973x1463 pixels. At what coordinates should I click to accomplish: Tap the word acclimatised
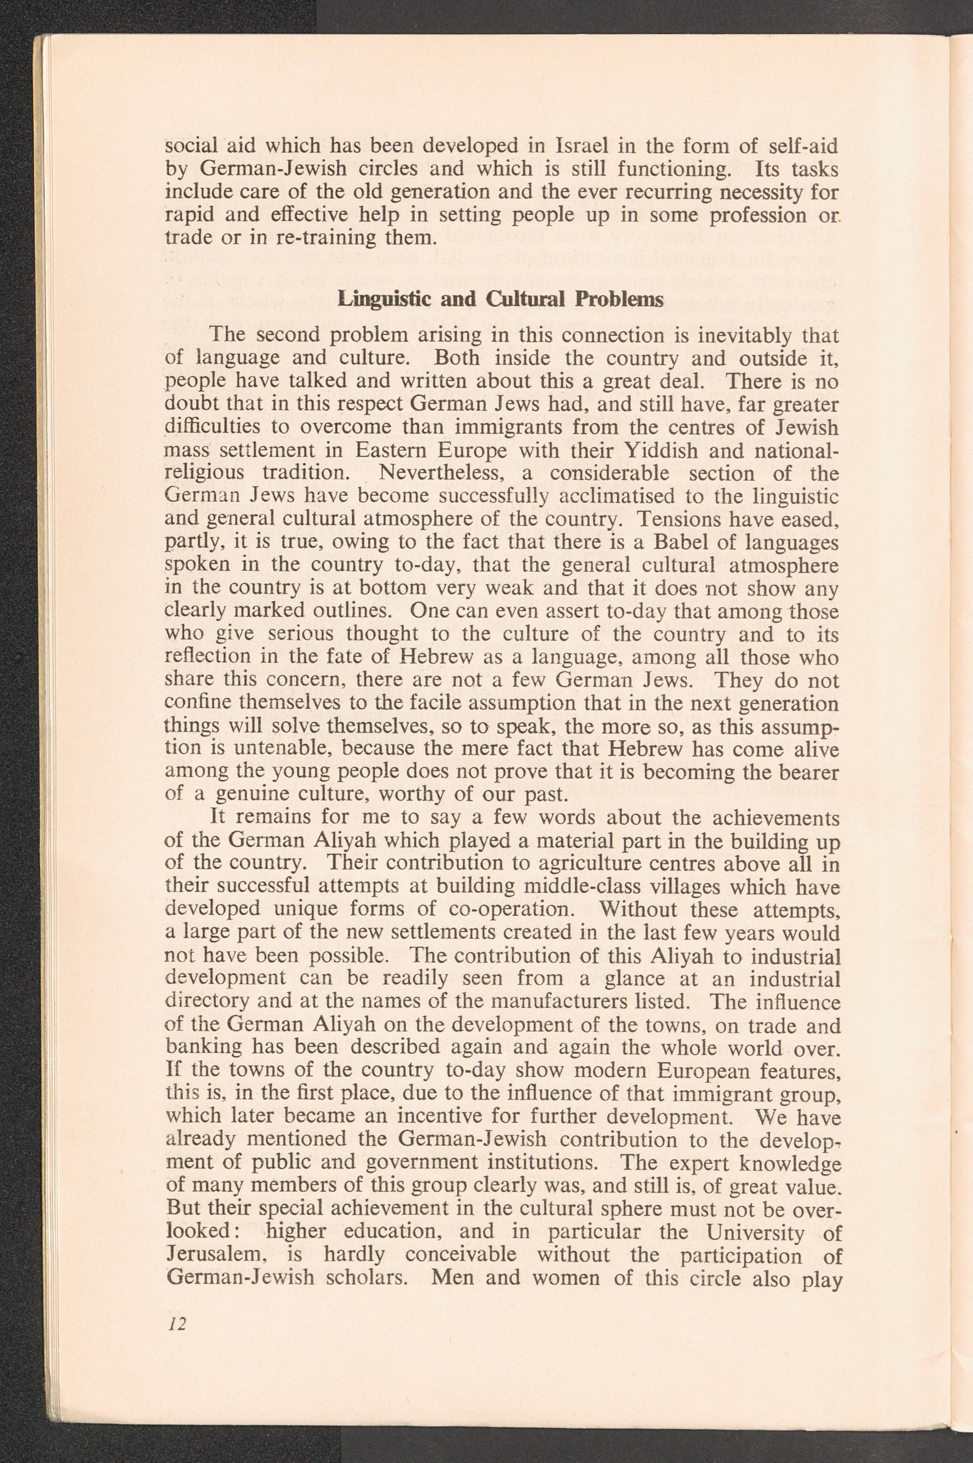pos(624,496)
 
